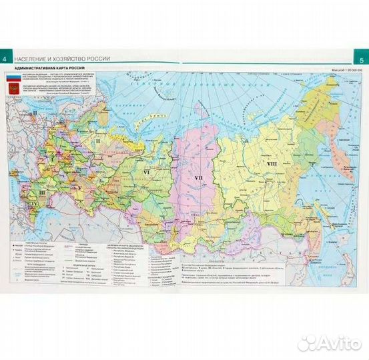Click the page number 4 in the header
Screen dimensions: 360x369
pyautogui.click(x=5, y=57)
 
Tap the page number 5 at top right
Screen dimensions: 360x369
pyautogui.click(x=362, y=57)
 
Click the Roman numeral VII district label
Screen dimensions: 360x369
pyautogui.click(x=198, y=179)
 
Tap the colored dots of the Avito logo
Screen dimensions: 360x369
pyautogui.click(x=308, y=343)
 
